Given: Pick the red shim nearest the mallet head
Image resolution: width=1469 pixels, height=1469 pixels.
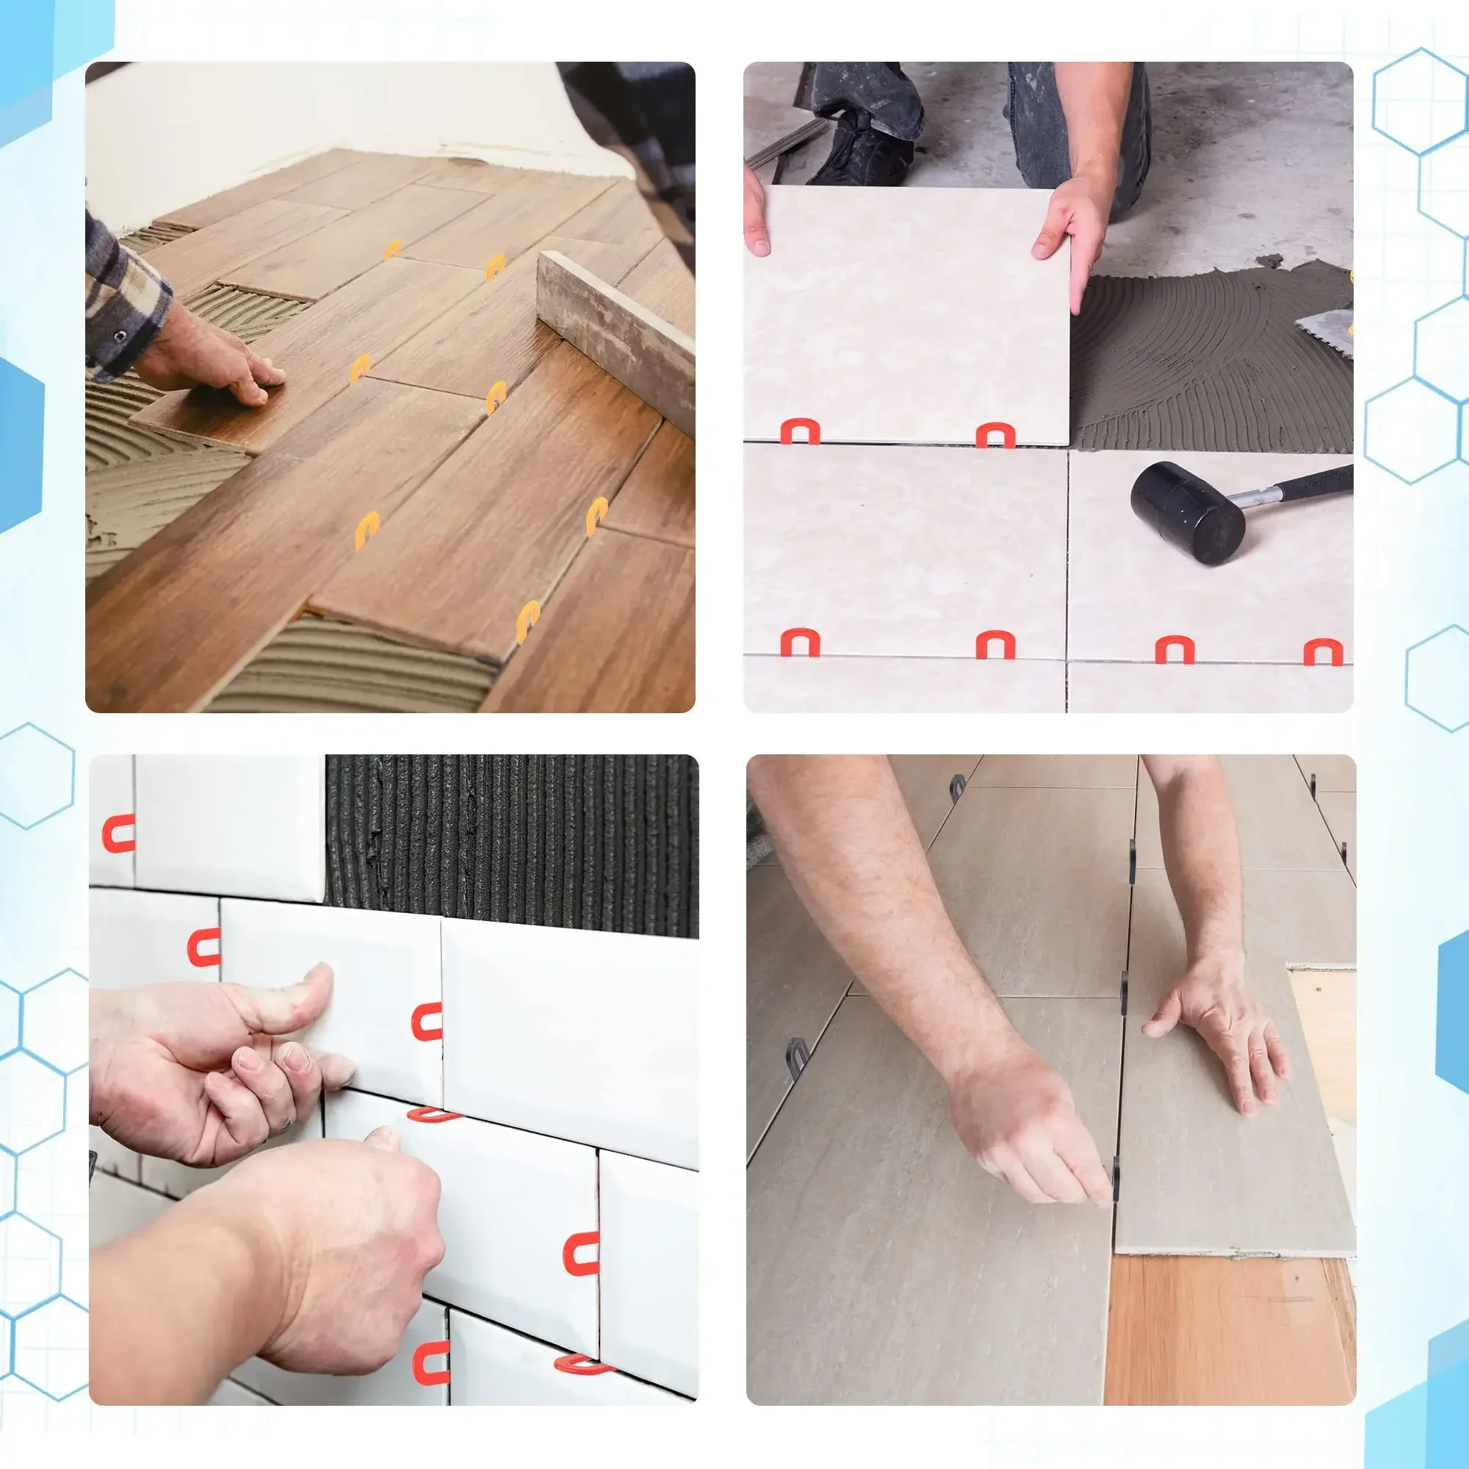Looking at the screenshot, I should pyautogui.click(x=1174, y=650).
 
